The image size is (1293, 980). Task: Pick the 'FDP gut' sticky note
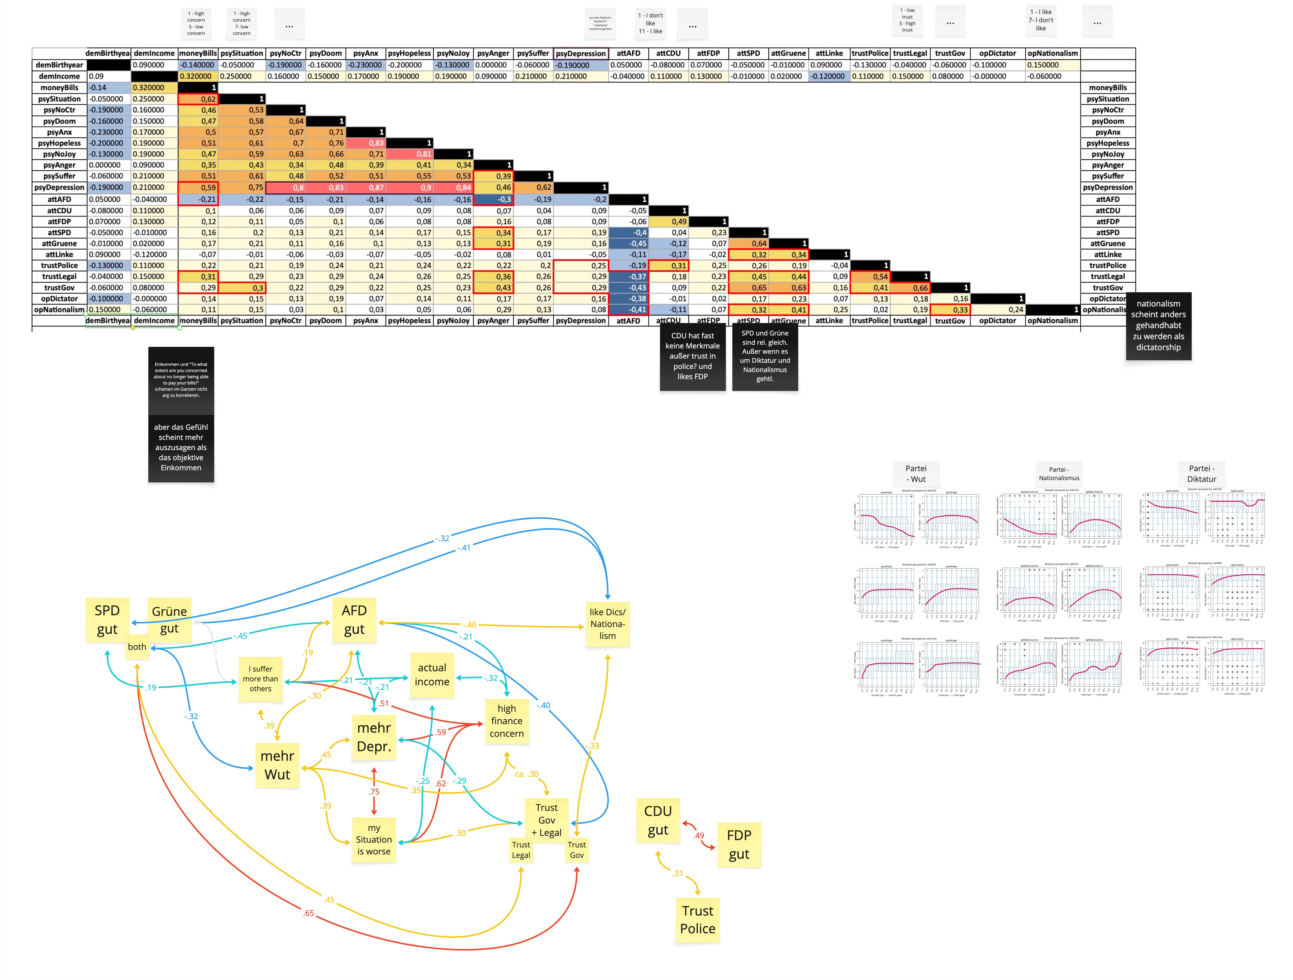(739, 844)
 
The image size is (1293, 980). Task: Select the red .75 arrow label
(374, 792)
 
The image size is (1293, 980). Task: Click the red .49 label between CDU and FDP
(699, 836)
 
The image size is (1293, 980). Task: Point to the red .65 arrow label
(309, 913)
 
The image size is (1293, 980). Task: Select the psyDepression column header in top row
(580, 53)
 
